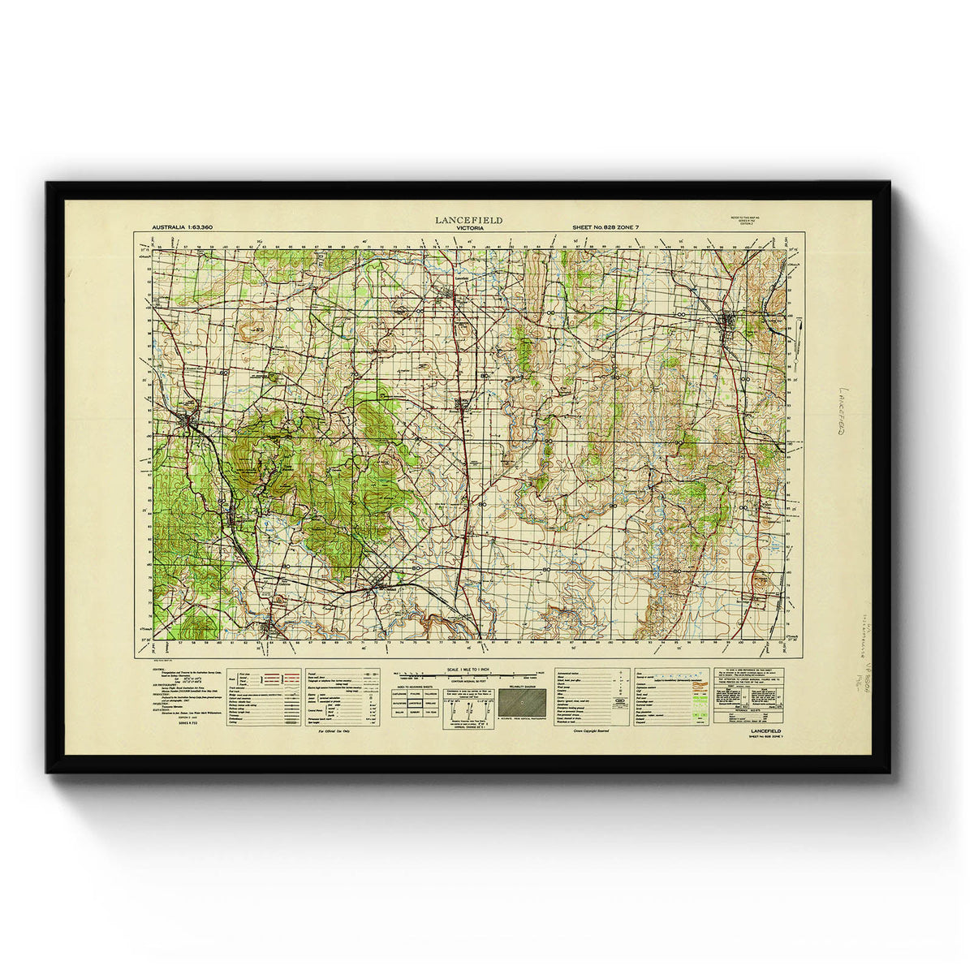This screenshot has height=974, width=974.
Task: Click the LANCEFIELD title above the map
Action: coord(468,220)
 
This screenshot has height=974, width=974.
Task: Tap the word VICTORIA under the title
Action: coord(468,228)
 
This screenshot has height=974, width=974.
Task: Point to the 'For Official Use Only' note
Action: coord(334,731)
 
